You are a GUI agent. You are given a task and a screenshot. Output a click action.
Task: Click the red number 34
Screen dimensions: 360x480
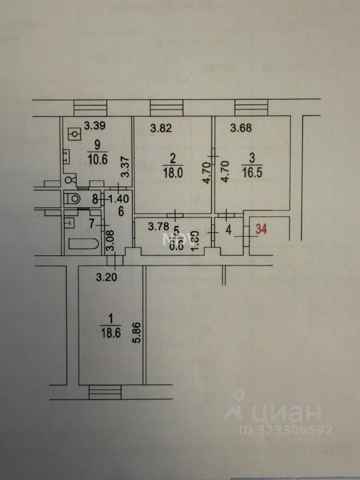(x=261, y=230)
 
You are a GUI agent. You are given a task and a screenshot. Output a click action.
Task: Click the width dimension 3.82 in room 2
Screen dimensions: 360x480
(x=161, y=128)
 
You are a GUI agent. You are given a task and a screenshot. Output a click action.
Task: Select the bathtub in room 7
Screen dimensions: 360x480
(x=82, y=244)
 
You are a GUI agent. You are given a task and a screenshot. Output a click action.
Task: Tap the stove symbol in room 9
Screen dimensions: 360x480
(x=74, y=134)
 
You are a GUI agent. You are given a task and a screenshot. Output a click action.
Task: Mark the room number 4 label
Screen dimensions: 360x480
(x=228, y=231)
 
